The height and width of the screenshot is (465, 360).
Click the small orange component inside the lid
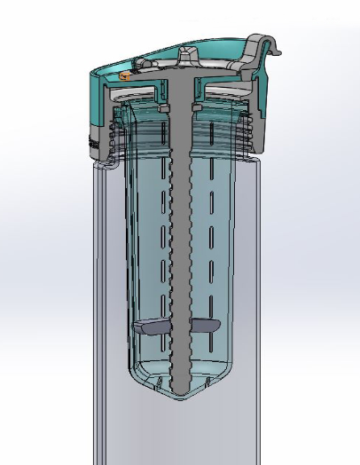tap(124, 76)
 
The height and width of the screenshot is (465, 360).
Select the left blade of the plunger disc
tap(152, 327)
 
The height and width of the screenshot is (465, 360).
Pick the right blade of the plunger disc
tap(205, 327)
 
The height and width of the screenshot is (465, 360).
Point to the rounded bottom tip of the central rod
tap(180, 389)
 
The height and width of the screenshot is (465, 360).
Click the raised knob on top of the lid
tap(189, 53)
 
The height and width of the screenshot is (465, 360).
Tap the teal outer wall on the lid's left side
tap(98, 98)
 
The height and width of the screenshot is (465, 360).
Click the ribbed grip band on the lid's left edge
tap(93, 138)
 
